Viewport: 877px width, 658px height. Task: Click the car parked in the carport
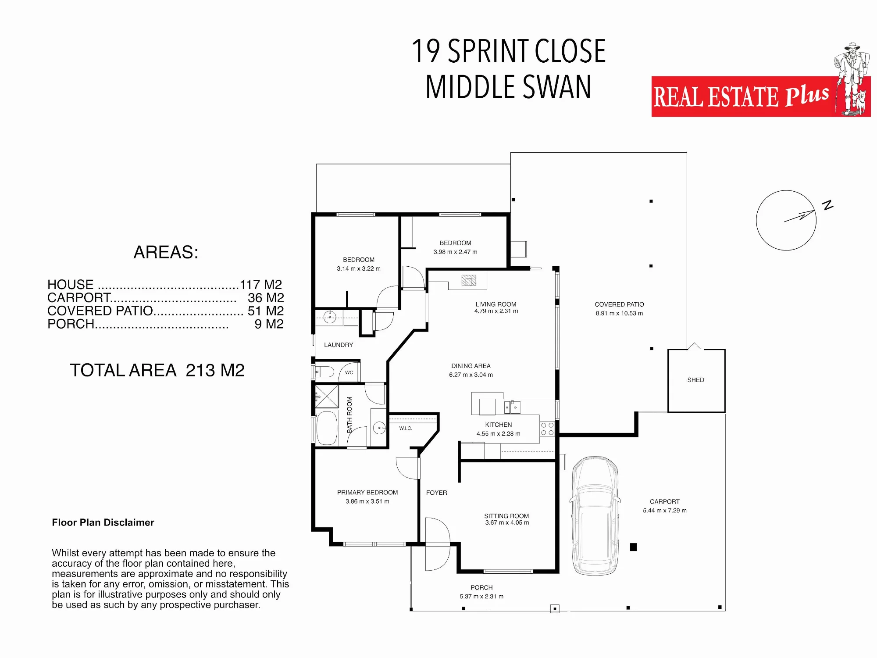tap(595, 516)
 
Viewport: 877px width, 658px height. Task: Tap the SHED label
tap(695, 380)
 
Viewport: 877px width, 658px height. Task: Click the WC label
tap(349, 372)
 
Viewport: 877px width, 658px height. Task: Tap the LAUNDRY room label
tap(339, 345)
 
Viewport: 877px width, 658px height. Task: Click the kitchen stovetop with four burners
tap(547, 429)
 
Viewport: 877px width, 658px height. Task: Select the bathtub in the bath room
tap(327, 428)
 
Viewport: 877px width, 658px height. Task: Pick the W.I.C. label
tap(406, 428)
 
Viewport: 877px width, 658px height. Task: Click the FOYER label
tap(437, 493)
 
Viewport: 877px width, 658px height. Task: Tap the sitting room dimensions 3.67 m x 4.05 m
tap(507, 522)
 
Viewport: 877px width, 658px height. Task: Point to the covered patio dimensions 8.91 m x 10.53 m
tap(619, 313)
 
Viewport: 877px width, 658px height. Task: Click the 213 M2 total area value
tap(215, 370)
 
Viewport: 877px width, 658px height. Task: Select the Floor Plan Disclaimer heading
tap(103, 522)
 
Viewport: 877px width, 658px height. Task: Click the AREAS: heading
tap(166, 252)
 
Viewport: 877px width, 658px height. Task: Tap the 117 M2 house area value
tap(261, 285)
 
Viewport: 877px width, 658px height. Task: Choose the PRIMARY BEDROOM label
tap(367, 493)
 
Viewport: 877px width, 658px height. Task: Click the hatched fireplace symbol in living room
tap(469, 280)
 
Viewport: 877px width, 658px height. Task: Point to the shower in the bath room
tap(327, 396)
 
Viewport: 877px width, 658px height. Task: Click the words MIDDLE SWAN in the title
tap(509, 87)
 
